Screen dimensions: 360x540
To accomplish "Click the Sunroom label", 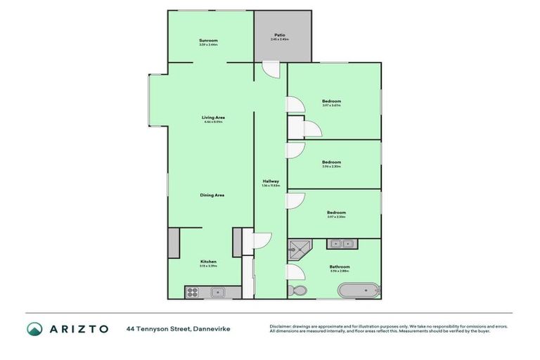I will [209, 41].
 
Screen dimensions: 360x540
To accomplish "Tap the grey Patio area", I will [281, 36].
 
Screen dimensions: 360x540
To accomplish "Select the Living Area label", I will [213, 117].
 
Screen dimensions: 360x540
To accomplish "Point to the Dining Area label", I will [212, 195].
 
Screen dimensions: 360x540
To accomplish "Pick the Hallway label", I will [271, 181].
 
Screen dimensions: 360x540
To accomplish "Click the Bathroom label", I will [340, 267].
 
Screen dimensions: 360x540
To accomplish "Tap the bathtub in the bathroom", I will [359, 289].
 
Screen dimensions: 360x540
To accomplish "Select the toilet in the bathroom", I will [298, 289].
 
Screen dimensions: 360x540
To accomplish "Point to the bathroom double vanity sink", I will [342, 243].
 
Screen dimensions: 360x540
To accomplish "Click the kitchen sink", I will [217, 290].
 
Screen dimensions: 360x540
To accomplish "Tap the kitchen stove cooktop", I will [193, 290].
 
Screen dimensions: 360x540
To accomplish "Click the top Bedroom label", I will [331, 102].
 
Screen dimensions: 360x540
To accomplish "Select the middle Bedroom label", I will [331, 162].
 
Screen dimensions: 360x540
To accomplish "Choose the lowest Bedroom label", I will [335, 212].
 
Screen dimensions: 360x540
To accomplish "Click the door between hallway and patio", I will [271, 70].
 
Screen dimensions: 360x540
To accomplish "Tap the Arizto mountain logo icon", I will [34, 328].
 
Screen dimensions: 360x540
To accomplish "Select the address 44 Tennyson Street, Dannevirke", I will [178, 328].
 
